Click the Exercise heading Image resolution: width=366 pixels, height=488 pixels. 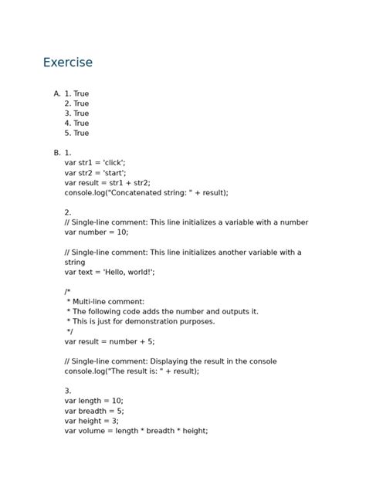point(67,63)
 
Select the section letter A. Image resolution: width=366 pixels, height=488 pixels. point(56,93)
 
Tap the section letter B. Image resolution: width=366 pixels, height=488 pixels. point(56,153)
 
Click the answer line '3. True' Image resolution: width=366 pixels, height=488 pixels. point(76,114)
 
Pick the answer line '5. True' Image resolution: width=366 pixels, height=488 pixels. point(76,133)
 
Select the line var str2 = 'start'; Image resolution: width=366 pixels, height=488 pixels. point(95,173)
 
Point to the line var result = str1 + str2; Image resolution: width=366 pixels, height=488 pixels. point(107,183)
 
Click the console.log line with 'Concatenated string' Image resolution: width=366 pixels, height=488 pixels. point(146,193)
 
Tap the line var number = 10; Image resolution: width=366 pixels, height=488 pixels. point(97,232)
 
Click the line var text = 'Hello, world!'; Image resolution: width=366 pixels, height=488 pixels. point(110,272)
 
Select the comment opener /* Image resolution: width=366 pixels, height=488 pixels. point(68,292)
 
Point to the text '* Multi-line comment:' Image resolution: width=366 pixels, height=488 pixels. point(106,302)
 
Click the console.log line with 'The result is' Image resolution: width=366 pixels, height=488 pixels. point(131,371)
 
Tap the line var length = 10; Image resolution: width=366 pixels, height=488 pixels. point(93,401)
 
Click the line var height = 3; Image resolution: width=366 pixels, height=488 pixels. point(92,421)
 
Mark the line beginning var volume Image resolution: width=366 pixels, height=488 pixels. point(136,431)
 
